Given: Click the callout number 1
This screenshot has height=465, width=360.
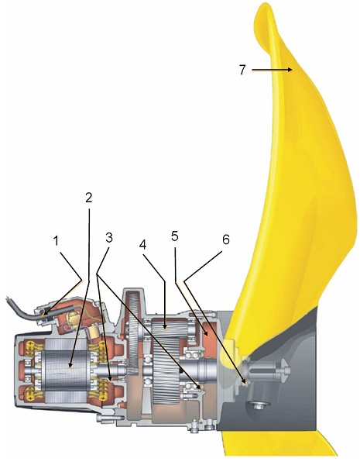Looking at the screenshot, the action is click(57, 241).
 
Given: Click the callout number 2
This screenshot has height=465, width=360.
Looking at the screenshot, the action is click(89, 198).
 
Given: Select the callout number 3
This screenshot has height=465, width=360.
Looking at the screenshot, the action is click(109, 237).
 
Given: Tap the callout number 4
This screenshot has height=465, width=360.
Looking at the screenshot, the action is click(143, 245).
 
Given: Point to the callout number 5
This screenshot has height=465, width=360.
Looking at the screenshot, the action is click(175, 236).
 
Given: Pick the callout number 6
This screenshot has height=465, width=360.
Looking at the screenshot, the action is click(226, 239).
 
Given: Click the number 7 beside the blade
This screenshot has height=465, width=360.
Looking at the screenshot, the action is click(242, 70).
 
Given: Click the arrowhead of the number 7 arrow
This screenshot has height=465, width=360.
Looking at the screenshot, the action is click(290, 70).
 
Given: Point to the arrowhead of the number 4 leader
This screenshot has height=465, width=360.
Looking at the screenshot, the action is click(166, 327).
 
